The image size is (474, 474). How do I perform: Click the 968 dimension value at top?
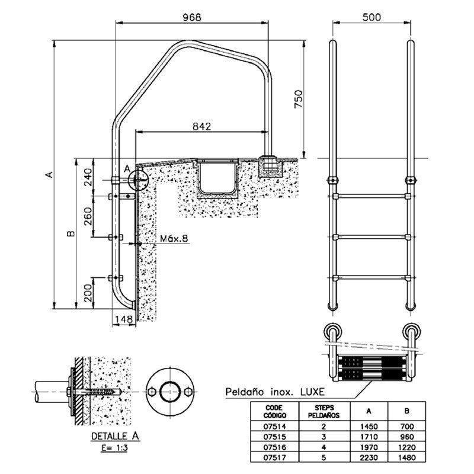tap(191, 17)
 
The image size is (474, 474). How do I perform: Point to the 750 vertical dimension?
tap(298, 100)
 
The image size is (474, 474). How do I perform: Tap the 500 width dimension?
tap(370, 17)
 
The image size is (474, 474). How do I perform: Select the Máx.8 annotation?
tap(174, 238)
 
